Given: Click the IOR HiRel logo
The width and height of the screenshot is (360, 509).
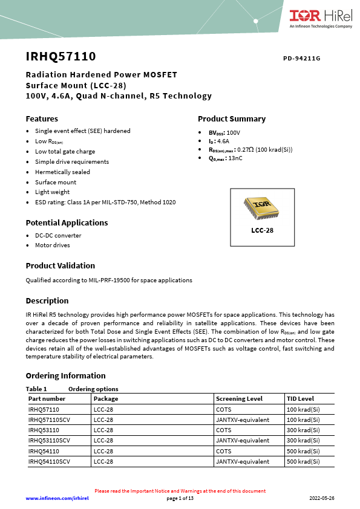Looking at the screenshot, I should (321, 18).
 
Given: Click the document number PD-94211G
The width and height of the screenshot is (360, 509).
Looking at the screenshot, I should (301, 59).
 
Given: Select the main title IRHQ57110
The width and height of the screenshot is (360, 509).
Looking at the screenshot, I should (61, 57).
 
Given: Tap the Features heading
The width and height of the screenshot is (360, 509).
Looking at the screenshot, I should (42, 118).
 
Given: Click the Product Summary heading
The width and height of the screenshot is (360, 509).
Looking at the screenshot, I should (232, 118).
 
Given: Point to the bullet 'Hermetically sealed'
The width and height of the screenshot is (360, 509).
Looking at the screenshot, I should (62, 172).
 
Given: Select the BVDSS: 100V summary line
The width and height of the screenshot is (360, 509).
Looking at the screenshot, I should (224, 132).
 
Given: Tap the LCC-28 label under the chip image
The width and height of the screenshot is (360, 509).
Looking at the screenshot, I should (262, 230).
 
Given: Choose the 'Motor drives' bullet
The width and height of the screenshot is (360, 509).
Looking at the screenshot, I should (52, 245).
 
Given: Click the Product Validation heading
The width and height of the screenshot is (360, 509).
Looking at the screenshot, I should (60, 265).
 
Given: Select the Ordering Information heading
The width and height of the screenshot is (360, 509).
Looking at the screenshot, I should (65, 375).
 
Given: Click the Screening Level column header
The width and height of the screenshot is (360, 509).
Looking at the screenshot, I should (240, 399).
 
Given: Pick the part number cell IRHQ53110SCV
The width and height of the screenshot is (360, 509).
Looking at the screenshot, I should (49, 440).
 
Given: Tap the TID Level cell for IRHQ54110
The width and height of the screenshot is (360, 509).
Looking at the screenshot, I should (303, 451).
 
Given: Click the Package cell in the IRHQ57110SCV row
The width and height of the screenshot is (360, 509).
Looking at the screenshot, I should (103, 420).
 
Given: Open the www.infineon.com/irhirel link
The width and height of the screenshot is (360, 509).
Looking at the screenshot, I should (57, 498).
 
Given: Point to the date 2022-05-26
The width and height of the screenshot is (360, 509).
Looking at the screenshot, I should (321, 498).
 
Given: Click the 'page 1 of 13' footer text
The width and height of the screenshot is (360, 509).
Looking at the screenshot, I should (180, 498).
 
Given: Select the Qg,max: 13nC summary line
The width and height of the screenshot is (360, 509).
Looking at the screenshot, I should (226, 158).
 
